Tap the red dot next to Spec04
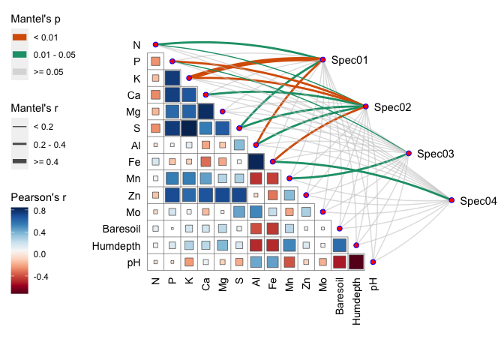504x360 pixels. [x=452, y=200]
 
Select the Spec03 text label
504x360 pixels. [x=436, y=154]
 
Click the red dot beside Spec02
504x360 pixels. [x=366, y=106]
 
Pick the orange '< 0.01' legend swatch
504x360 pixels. [x=19, y=37]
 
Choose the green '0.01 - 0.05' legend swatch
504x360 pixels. [x=19, y=54]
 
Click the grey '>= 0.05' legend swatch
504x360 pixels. [x=19, y=71]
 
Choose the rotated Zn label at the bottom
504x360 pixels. [x=306, y=283]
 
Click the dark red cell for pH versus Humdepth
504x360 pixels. [x=356, y=262]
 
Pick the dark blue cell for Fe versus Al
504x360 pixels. [x=256, y=161]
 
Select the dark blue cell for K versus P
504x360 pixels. [x=172, y=78]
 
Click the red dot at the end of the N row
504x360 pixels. [x=155, y=44]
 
